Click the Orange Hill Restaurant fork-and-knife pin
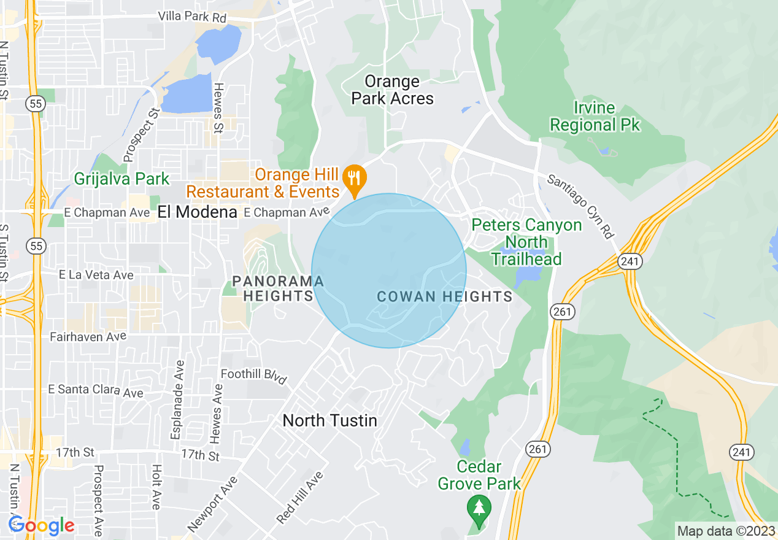(x=355, y=178)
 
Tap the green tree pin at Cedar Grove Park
(x=479, y=509)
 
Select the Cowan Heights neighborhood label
(x=444, y=297)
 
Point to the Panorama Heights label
(x=278, y=288)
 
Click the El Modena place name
(x=197, y=212)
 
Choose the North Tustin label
(x=329, y=420)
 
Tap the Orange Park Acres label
(x=392, y=90)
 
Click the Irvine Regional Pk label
(x=595, y=117)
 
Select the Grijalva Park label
(x=121, y=179)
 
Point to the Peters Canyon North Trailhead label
(x=526, y=242)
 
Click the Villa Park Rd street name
(x=192, y=17)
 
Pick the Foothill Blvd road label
(x=254, y=376)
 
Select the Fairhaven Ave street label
(x=88, y=336)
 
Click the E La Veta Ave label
(x=96, y=275)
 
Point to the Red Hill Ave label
(x=299, y=498)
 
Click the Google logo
(x=40, y=525)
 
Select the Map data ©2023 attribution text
(x=724, y=531)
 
